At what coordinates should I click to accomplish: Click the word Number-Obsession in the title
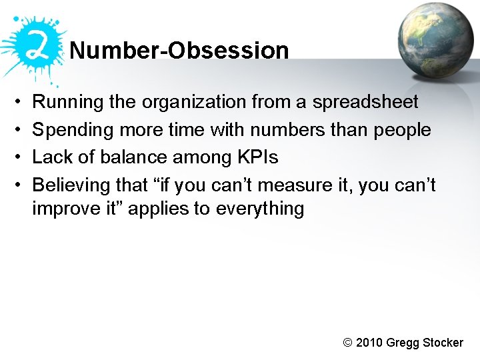click(179, 51)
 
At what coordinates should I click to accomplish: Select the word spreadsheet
click(365, 103)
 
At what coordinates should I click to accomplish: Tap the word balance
click(129, 157)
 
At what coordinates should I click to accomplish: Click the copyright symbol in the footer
click(347, 343)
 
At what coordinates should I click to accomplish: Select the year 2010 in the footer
click(370, 343)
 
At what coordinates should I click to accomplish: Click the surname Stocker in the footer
click(443, 343)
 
